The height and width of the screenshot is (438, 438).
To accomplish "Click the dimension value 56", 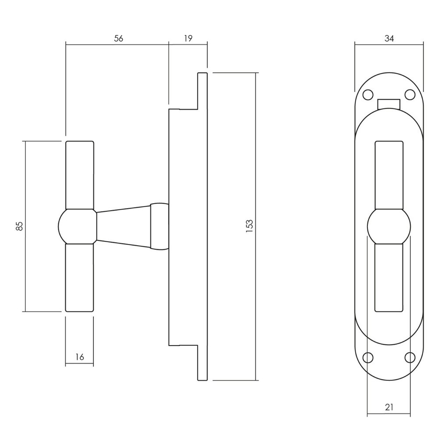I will click(x=118, y=38).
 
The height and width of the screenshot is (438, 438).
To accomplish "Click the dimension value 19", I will click(x=188, y=38).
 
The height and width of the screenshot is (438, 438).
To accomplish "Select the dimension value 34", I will click(x=389, y=38).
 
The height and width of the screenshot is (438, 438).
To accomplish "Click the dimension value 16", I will click(x=79, y=357).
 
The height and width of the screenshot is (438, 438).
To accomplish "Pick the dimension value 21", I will click(x=389, y=407).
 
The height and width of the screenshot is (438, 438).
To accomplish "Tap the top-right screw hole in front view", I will click(x=410, y=94).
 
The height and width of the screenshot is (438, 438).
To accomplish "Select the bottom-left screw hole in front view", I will click(x=368, y=358).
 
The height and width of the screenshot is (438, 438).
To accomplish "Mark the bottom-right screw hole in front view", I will click(x=410, y=358).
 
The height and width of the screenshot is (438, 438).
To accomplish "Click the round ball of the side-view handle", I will click(x=77, y=226).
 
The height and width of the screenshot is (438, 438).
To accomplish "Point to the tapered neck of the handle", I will click(x=124, y=226).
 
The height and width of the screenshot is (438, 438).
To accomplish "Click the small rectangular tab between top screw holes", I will click(x=389, y=104).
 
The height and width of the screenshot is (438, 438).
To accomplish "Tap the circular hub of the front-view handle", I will click(x=389, y=226).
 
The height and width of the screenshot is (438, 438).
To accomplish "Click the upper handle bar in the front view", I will click(x=389, y=175).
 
